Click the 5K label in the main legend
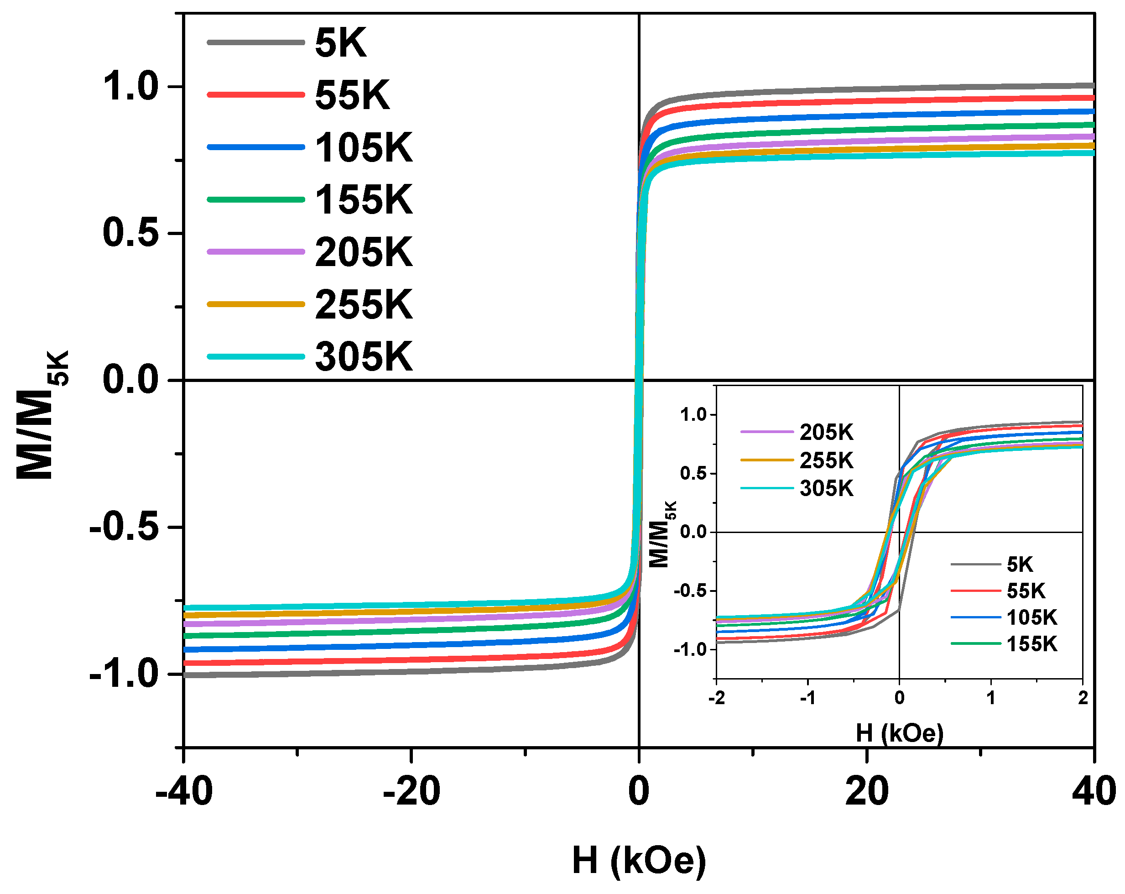[x=340, y=43]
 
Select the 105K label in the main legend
[x=363, y=148]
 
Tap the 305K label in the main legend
[x=363, y=357]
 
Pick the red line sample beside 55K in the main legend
[x=255, y=94]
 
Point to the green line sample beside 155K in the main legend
[x=255, y=199]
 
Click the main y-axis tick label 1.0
[x=130, y=86]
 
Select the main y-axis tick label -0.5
[x=124, y=527]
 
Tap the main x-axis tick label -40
[x=184, y=792]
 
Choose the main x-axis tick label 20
[x=866, y=792]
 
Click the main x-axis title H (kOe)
[x=639, y=860]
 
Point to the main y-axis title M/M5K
[x=42, y=415]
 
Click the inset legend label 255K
[x=826, y=461]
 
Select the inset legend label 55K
[x=1026, y=591]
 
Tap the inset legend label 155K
[x=1031, y=644]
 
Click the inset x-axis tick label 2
[x=1083, y=698]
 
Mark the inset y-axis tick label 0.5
[x=693, y=473]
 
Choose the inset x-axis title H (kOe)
[x=900, y=733]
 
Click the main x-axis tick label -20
[x=411, y=792]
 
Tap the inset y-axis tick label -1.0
[x=690, y=650]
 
